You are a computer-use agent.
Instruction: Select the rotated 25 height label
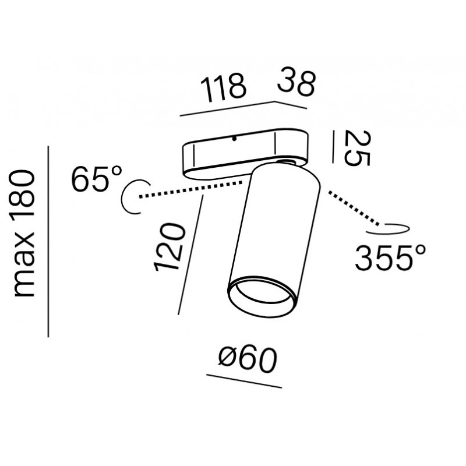click(357, 149)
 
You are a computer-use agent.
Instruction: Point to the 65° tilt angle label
click(96, 178)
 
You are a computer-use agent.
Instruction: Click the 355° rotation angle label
click(390, 257)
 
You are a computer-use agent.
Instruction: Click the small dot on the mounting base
click(234, 139)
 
